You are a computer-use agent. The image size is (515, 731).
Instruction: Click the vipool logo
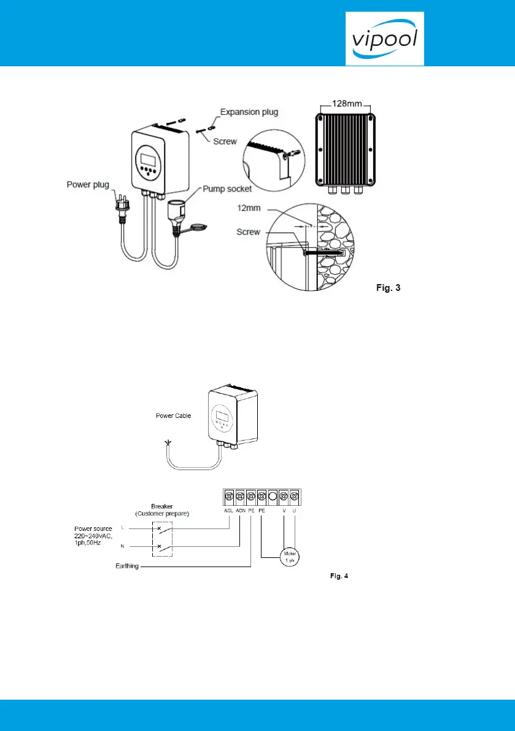pyautogui.click(x=384, y=39)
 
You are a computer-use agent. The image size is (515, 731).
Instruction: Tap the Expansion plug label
pyautogui.click(x=249, y=112)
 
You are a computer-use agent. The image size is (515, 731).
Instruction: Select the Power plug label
pyautogui.click(x=88, y=183)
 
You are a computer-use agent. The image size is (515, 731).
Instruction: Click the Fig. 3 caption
pyautogui.click(x=388, y=288)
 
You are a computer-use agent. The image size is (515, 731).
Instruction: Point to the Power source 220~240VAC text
pyautogui.click(x=93, y=535)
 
